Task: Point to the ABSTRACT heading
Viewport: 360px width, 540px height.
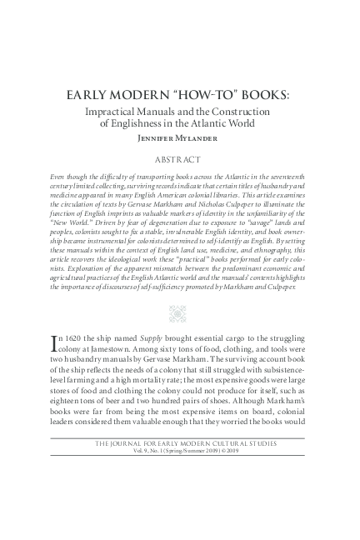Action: tap(179, 157)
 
